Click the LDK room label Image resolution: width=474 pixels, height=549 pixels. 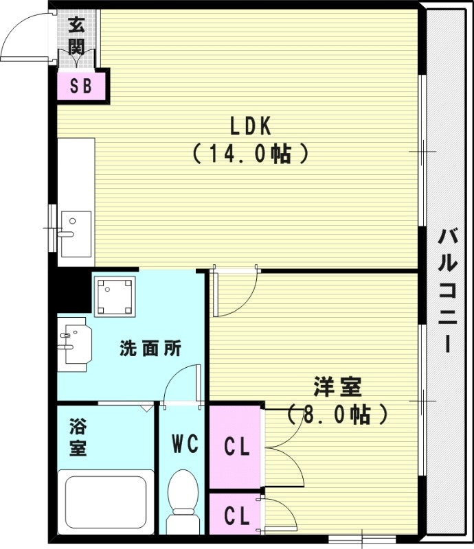coord(250,126)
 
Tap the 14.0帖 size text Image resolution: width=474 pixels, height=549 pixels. coord(250,153)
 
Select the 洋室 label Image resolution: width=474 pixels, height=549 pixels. coord(337,386)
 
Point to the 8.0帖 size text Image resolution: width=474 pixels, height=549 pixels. coord(337,414)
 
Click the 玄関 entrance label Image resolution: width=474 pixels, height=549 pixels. coord(76,36)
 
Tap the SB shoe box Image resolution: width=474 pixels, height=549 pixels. coord(81,86)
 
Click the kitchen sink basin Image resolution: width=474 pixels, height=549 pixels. coord(76,233)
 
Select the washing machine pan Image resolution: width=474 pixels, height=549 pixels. coord(115,296)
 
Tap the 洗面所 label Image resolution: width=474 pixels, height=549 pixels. coord(150,348)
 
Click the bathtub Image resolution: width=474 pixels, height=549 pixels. coord(106,502)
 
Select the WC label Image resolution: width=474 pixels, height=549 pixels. coord(185,443)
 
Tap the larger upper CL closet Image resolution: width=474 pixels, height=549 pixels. coord(235,447)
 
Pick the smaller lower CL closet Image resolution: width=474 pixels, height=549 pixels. coord(235,514)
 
